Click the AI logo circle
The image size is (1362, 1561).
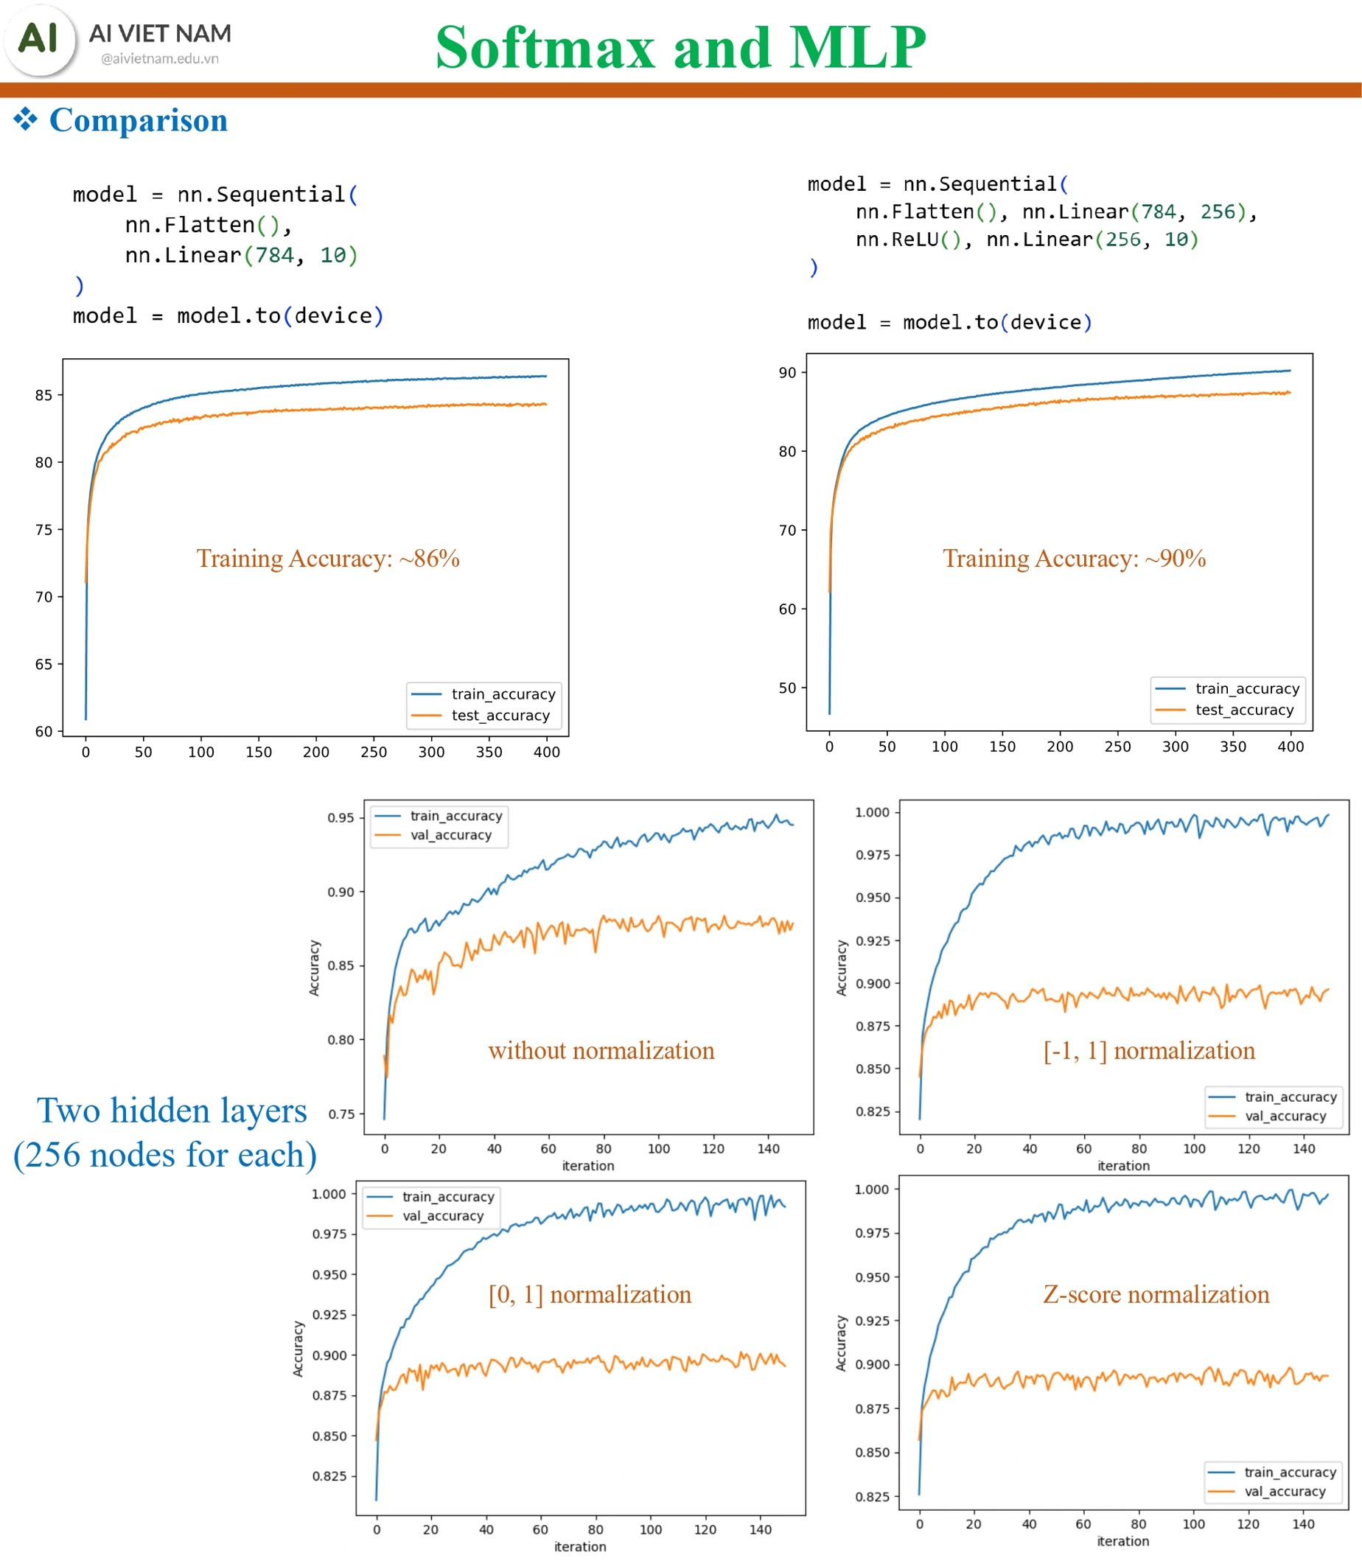40,40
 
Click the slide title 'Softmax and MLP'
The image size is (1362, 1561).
680,47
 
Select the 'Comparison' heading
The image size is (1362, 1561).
138,120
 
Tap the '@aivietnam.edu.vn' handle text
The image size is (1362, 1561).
160,58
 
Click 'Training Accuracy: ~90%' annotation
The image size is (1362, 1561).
1074,559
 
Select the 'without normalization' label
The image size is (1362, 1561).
601,1050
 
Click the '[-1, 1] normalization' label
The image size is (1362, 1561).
1149,1050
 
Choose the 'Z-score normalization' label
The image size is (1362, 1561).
1156,1294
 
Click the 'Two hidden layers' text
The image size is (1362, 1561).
172,1111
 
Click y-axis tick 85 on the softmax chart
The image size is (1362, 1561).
44,395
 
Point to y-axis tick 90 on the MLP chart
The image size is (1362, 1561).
787,372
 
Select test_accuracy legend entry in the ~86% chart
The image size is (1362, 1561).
500,715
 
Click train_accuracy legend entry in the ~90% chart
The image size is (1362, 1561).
1246,688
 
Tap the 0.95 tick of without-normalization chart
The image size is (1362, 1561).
340,818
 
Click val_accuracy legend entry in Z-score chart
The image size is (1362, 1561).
1285,1491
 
